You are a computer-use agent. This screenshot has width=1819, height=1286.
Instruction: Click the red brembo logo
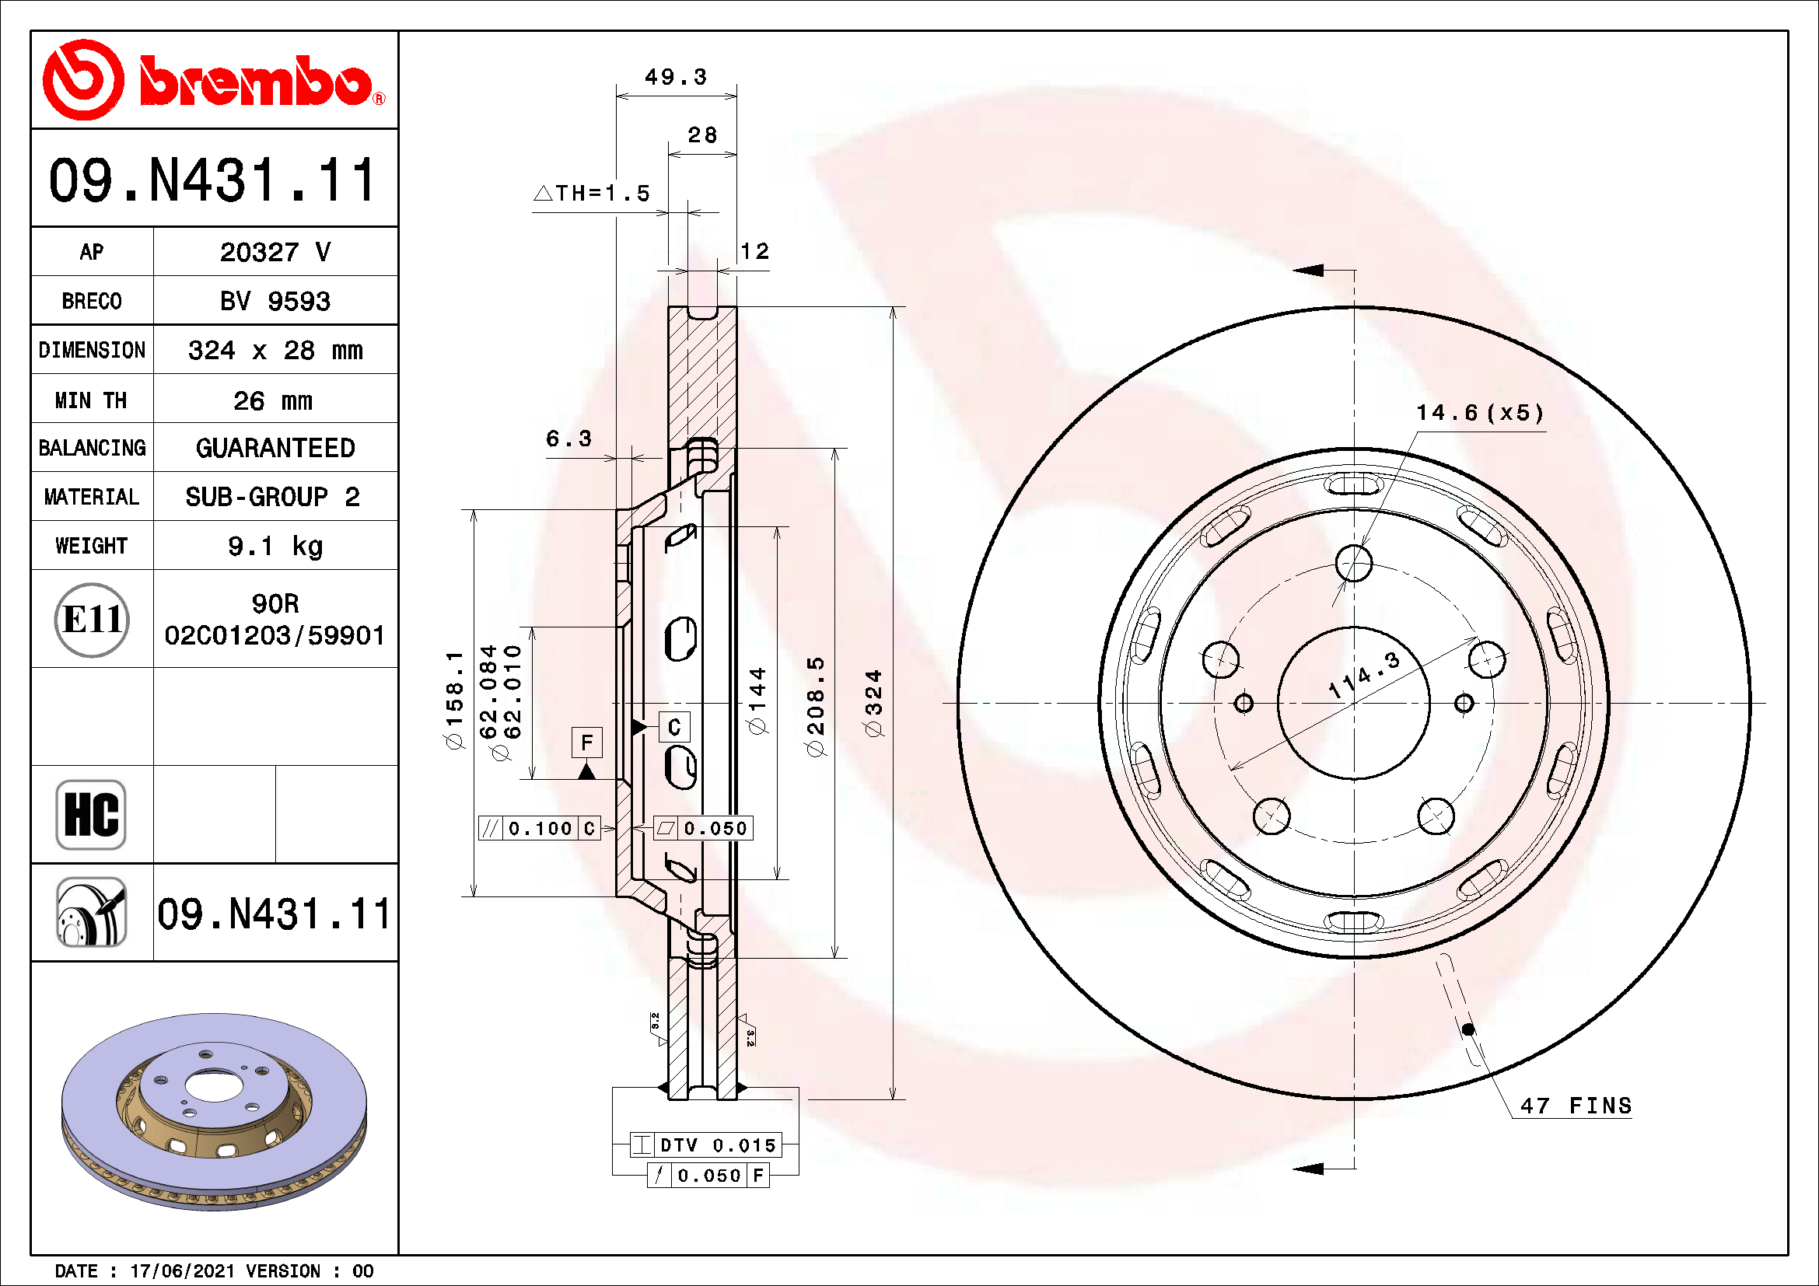[214, 81]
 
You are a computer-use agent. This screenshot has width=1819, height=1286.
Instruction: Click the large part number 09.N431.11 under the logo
[212, 180]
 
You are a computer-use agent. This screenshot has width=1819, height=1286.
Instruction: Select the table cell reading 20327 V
[275, 253]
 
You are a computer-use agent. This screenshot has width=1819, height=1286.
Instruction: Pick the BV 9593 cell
[275, 302]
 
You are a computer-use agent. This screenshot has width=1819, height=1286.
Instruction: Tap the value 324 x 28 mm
[275, 350]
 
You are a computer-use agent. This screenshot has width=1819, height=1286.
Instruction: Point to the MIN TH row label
[91, 400]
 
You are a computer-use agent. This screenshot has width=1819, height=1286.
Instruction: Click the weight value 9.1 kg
[275, 547]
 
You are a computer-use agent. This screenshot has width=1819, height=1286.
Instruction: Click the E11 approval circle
[92, 620]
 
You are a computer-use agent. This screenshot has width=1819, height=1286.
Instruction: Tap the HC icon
[91, 815]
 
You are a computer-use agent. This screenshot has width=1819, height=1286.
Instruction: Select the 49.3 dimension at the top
[675, 78]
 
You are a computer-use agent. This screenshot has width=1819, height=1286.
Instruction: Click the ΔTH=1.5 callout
[592, 194]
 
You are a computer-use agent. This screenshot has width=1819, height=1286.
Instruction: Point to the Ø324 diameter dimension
[873, 703]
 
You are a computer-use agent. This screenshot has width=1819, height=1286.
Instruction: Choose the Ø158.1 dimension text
[454, 700]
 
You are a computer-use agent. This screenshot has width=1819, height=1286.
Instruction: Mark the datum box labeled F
[587, 743]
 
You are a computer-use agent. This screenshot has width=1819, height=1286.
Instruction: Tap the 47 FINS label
[1576, 1106]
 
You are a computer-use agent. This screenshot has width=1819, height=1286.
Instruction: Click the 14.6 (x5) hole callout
[1479, 414]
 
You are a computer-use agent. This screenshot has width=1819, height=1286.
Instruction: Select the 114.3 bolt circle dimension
[1363, 676]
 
